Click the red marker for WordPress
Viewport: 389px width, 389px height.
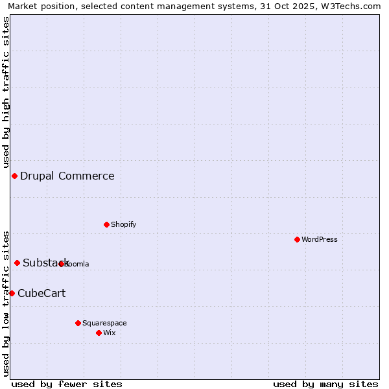pos(297,239)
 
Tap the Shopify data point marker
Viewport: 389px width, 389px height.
pos(106,224)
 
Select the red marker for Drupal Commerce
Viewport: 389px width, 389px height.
pos(14,176)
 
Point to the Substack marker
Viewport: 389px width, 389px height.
pos(18,263)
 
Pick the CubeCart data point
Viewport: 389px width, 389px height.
pos(12,293)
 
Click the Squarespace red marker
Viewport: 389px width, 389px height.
pos(78,323)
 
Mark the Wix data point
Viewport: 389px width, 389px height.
pos(99,333)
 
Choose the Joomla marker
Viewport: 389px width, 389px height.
pos(62,264)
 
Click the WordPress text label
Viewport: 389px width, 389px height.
pos(320,239)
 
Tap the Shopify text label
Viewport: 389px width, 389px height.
pos(123,224)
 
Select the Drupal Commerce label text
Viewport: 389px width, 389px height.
pos(67,176)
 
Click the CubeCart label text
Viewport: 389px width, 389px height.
pos(41,293)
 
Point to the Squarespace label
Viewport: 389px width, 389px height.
pos(104,323)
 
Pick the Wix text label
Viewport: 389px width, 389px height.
pos(110,333)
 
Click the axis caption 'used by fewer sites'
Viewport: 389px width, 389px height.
pos(67,384)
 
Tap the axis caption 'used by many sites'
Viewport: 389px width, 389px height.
pos(325,384)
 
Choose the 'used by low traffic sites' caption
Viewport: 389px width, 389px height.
pos(6,303)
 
